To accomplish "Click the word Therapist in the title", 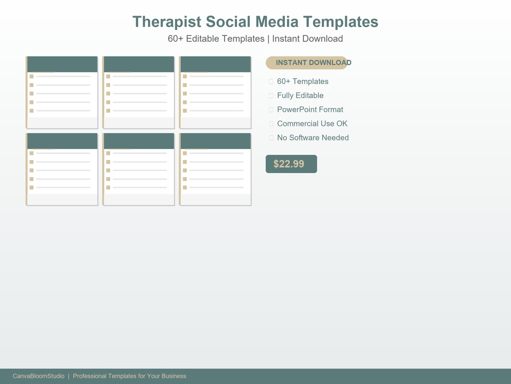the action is [x=167, y=22].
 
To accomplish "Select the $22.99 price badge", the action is [x=291, y=164].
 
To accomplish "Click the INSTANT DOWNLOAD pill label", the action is [x=313, y=62].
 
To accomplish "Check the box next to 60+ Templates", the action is [x=271, y=81].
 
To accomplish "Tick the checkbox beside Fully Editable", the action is [x=271, y=95].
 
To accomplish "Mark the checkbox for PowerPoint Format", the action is [x=271, y=109].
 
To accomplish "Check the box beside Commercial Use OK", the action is [x=271, y=123].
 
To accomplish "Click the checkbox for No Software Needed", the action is [x=271, y=137].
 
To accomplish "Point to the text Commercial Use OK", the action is [x=312, y=123].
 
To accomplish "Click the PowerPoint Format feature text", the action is [x=310, y=109].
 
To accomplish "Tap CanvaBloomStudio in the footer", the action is [x=38, y=376].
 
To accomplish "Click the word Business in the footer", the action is [x=174, y=376].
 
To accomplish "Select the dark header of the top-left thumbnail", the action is [x=62, y=64].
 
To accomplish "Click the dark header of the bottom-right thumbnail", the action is [x=216, y=140].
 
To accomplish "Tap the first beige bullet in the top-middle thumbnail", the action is [x=108, y=76].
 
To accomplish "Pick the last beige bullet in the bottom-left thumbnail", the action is [x=31, y=187].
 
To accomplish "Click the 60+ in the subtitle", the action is [x=175, y=38].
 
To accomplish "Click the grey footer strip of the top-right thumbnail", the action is [x=216, y=122].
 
